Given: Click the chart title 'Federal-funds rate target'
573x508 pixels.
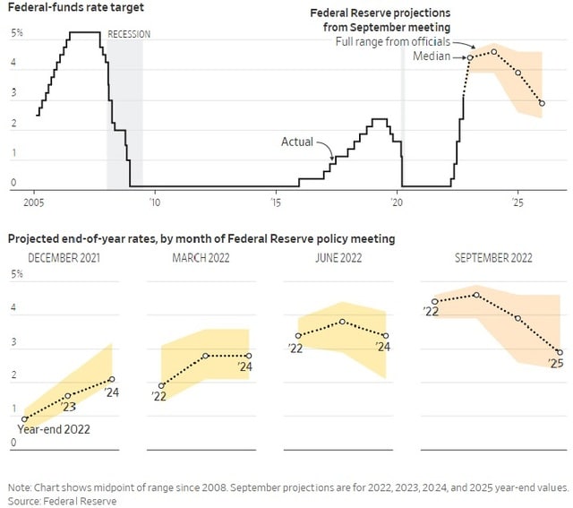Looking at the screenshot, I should pos(62,8).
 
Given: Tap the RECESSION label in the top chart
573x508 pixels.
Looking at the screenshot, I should pos(129,34).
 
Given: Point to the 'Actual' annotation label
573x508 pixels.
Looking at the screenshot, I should pos(297,142).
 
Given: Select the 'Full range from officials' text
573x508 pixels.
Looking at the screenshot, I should pos(392,42).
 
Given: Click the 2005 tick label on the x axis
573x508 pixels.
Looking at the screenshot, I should pos(34,202).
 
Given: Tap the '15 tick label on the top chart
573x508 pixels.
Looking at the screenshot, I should pos(276,202).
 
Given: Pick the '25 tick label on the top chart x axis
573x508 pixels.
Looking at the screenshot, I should pos(517,202).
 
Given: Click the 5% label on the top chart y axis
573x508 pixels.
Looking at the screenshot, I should pos(17,33).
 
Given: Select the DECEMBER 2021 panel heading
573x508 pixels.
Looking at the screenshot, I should pos(64,258).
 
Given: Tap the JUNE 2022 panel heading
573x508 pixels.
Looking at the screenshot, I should pos(338,258).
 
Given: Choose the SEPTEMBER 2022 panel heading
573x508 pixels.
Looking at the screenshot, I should pos(493,258).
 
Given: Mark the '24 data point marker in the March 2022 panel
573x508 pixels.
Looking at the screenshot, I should pos(249,356).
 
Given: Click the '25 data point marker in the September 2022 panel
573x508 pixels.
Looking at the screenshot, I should pos(560,352).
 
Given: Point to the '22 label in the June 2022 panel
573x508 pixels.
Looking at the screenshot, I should pos(295,349).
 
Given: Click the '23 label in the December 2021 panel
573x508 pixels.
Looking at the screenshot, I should pos(69,408).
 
